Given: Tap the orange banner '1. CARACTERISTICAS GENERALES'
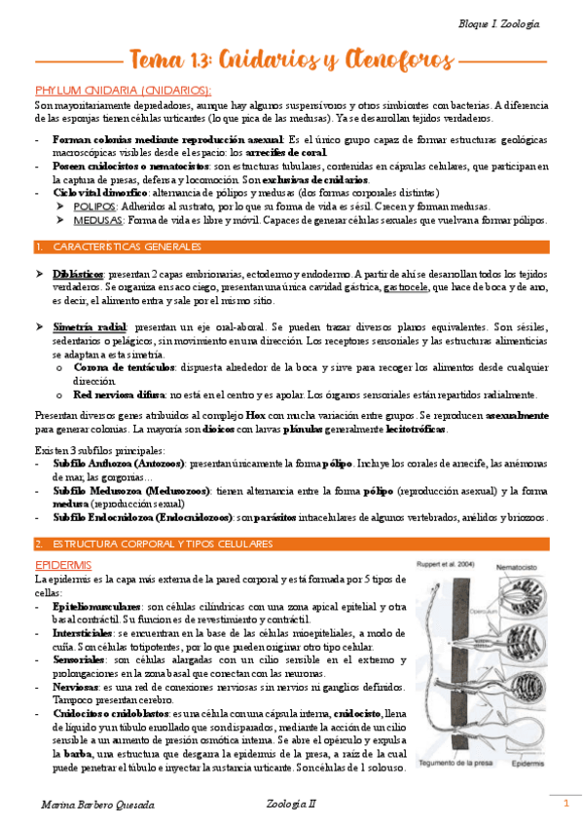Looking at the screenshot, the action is coord(111,246).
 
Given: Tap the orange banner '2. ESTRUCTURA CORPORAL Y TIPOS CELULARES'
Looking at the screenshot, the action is coord(154,543).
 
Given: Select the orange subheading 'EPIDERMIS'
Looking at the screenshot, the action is coord(63,564).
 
